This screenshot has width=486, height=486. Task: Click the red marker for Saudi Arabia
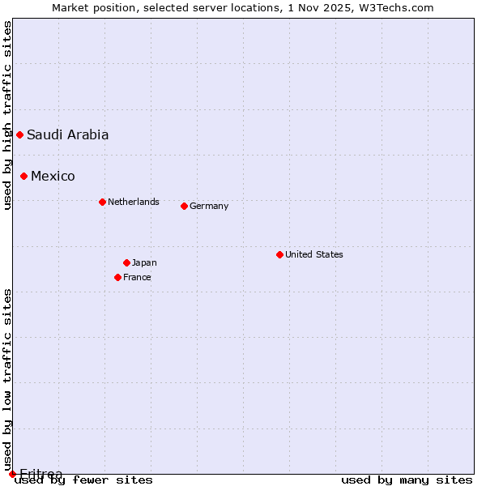(x=19, y=134)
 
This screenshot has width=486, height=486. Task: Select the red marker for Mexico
(x=23, y=176)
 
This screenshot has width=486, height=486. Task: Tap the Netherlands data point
(x=102, y=202)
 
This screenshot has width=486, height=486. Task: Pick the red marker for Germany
(x=184, y=206)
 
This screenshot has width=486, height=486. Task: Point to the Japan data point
(x=126, y=262)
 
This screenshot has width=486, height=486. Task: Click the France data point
(x=117, y=277)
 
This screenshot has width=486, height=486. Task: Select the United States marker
(x=279, y=254)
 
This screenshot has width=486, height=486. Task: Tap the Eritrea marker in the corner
(x=12, y=474)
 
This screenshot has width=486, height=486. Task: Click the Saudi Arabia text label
(x=68, y=135)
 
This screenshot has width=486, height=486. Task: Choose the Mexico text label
(x=53, y=177)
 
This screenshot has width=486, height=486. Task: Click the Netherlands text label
(x=134, y=202)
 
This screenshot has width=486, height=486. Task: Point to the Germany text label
(x=209, y=206)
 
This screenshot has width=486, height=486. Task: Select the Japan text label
(x=144, y=262)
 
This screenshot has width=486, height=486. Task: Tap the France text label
(x=137, y=277)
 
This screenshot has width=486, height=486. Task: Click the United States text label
(x=314, y=254)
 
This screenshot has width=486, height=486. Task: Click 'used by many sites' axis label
(x=407, y=480)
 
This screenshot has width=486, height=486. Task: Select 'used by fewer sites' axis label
(x=84, y=480)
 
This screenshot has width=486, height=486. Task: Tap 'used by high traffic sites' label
(x=7, y=115)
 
